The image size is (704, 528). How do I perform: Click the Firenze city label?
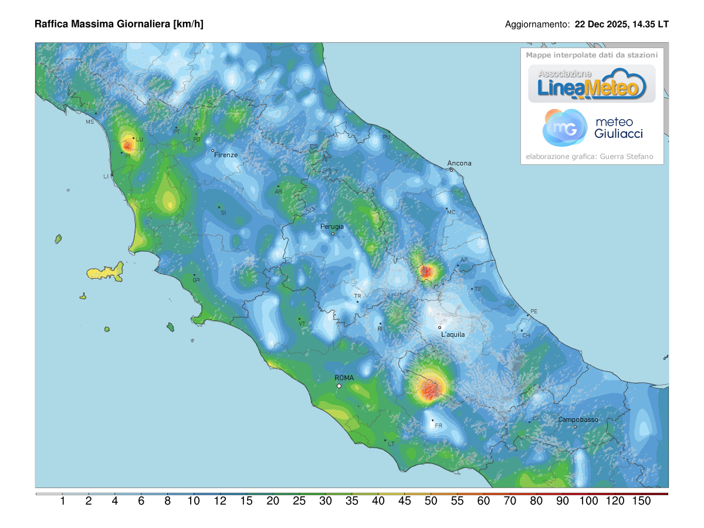pos(226,155)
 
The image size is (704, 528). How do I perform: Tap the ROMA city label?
pos(344,378)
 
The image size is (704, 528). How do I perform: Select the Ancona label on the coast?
pos(459,164)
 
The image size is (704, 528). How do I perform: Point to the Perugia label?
pos(332,226)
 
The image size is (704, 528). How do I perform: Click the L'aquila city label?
pos(453,334)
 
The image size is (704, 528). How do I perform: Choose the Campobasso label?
pos(578,420)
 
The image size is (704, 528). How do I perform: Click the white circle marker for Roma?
pos(339,386)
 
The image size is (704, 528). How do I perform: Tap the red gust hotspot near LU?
pos(127,144)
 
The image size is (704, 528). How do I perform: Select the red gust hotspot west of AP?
pos(427,271)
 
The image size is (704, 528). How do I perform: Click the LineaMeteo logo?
pos(591,84)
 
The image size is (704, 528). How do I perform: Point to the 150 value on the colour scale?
pos(642,501)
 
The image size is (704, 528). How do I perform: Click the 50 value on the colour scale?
pos(431,501)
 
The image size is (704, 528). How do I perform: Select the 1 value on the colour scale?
pos(62,501)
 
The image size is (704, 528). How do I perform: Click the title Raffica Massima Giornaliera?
pos(119,24)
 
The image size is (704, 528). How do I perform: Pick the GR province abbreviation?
pos(197,280)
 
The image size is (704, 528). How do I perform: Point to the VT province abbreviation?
pos(302,324)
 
